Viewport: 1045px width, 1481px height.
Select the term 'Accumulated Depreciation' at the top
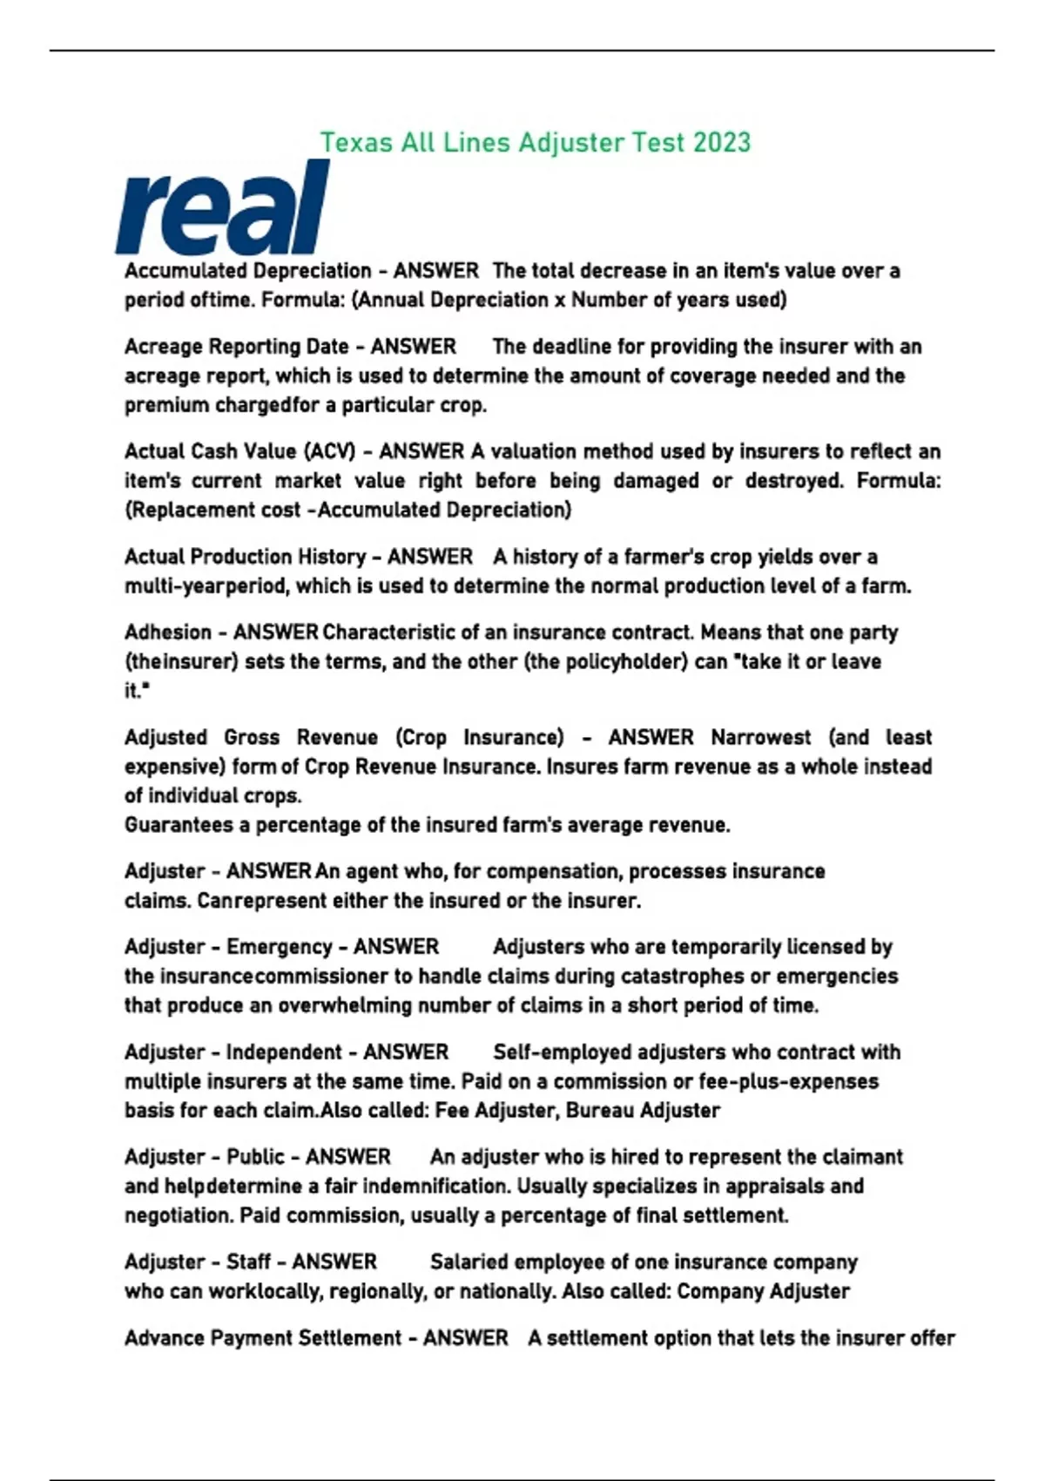pyautogui.click(x=248, y=271)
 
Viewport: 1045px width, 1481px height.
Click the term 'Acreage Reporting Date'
pyautogui.click(x=236, y=347)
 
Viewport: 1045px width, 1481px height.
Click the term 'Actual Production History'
pyautogui.click(x=245, y=557)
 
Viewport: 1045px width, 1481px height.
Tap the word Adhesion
pyautogui.click(x=167, y=632)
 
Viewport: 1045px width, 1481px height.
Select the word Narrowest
pyautogui.click(x=760, y=738)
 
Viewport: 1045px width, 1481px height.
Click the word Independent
pyautogui.click(x=284, y=1052)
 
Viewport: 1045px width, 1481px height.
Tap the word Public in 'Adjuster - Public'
pyautogui.click(x=255, y=1157)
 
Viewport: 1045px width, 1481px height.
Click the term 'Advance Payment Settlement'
pyautogui.click(x=262, y=1338)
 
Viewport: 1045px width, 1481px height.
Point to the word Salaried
pyautogui.click(x=468, y=1262)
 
